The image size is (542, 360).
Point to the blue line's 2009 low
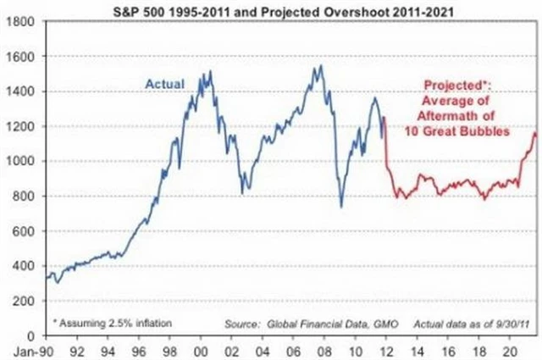341,206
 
